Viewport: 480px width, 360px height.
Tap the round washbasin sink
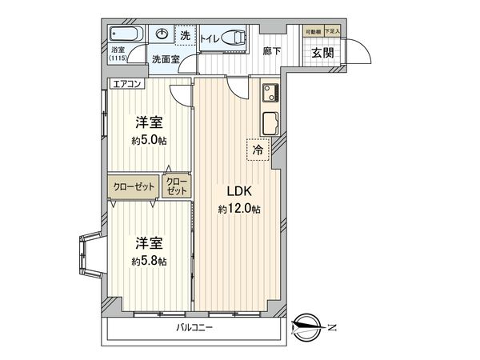162,34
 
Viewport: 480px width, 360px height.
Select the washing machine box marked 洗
185,35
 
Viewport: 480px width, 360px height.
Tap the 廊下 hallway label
272,51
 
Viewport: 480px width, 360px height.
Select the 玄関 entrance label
323,53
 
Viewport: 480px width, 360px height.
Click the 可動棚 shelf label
314,31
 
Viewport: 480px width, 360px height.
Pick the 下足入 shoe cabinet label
332,31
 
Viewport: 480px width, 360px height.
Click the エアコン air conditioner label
126,83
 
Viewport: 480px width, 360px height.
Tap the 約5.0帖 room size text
150,141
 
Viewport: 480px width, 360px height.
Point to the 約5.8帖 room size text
150,262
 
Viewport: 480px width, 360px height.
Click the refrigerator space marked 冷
258,149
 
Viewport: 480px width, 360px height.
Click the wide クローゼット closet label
134,186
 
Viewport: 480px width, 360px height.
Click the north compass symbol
310,324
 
